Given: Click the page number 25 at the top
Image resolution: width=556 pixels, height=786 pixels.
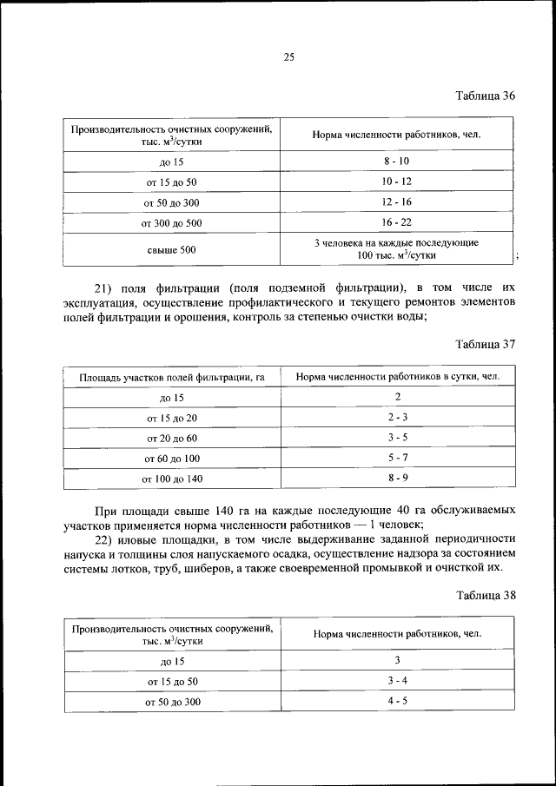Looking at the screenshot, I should pyautogui.click(x=289, y=58).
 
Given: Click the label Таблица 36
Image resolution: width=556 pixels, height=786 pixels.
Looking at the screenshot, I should pyautogui.click(x=486, y=96).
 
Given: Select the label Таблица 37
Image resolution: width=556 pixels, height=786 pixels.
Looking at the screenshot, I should pyautogui.click(x=486, y=344).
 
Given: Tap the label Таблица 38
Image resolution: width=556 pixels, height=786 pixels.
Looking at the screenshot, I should pyautogui.click(x=486, y=596).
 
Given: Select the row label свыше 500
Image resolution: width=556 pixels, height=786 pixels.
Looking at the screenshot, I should pyautogui.click(x=171, y=250).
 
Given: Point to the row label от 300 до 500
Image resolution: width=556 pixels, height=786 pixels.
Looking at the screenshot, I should pyautogui.click(x=171, y=223).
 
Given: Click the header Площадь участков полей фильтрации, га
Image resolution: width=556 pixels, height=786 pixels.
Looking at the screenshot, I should pyautogui.click(x=171, y=378).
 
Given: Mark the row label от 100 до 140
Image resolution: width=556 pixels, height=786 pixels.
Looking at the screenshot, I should pyautogui.click(x=171, y=479).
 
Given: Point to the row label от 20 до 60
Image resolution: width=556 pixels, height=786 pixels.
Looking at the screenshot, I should pyautogui.click(x=171, y=439).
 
